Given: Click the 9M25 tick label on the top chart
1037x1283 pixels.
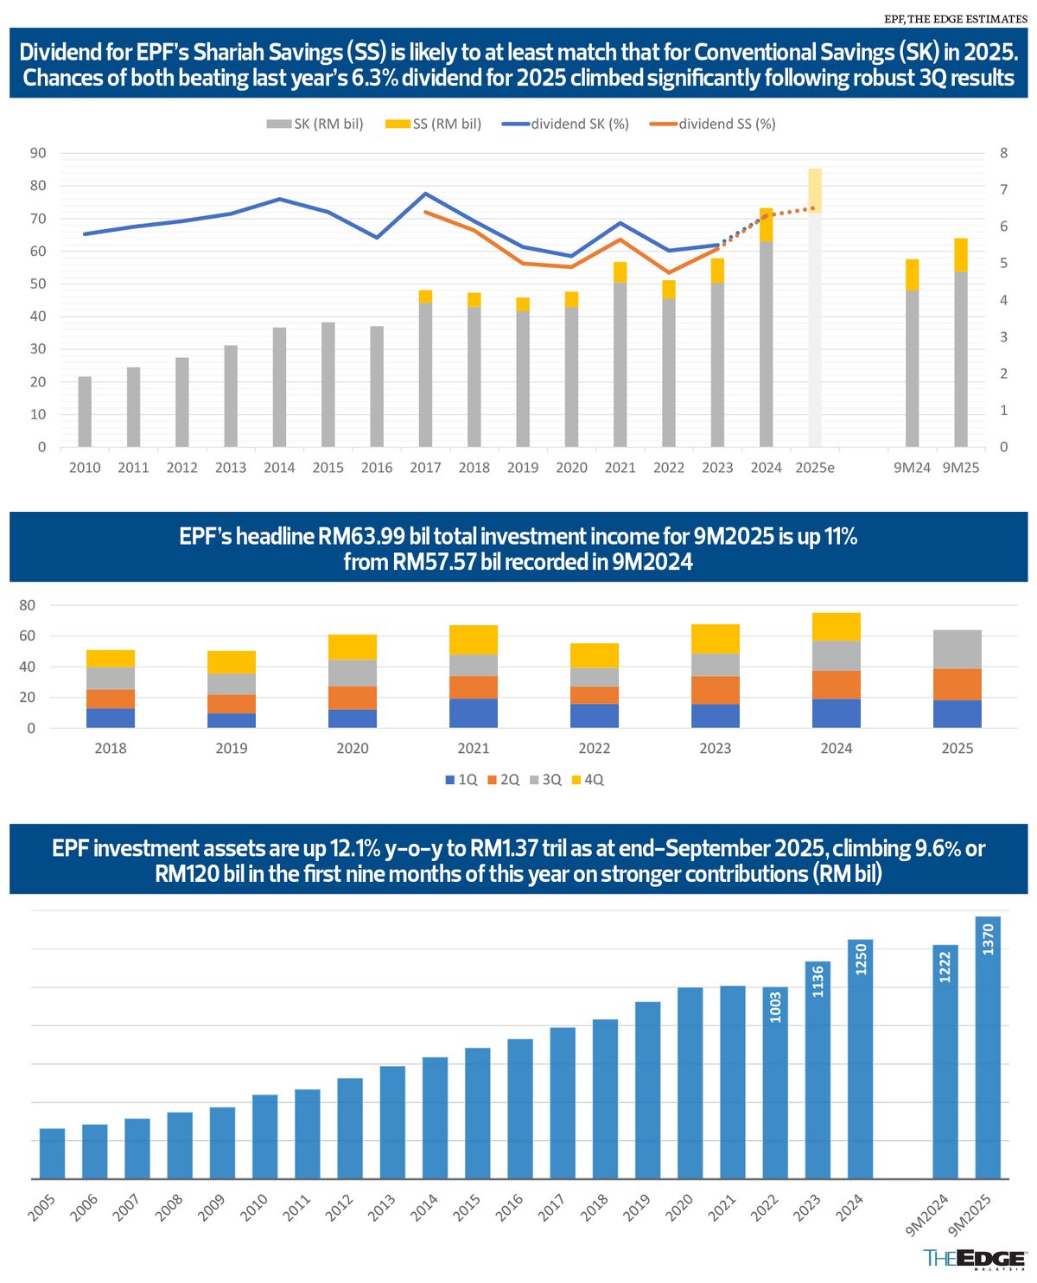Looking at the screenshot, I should [x=960, y=468].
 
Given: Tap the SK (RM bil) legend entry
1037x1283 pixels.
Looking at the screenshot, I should [x=315, y=124].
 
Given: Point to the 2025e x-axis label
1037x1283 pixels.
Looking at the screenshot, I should [x=814, y=468].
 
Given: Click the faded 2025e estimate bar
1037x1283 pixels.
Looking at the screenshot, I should [x=814, y=329].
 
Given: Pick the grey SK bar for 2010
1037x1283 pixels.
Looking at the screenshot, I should [x=85, y=412].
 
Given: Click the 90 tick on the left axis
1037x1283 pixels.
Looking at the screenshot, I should [x=38, y=153].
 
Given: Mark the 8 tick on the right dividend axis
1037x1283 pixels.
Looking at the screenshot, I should [x=1003, y=153].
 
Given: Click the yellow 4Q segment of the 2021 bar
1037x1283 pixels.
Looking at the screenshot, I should [x=474, y=640].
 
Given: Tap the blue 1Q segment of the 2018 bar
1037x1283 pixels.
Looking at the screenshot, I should [x=111, y=718].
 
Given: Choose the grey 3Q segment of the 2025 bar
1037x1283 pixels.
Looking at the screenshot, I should [x=957, y=649].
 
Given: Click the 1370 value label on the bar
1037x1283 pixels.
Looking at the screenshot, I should [x=989, y=939].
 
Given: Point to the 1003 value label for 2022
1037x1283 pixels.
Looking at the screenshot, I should [x=775, y=1006].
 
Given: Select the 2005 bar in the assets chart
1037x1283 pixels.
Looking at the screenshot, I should [x=53, y=1153].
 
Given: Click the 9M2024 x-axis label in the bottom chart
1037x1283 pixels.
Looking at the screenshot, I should [x=928, y=1215].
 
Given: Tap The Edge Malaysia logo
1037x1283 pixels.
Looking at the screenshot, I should [x=974, y=1259].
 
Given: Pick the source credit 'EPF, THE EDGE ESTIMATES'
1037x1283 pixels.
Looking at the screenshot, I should [x=956, y=19].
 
